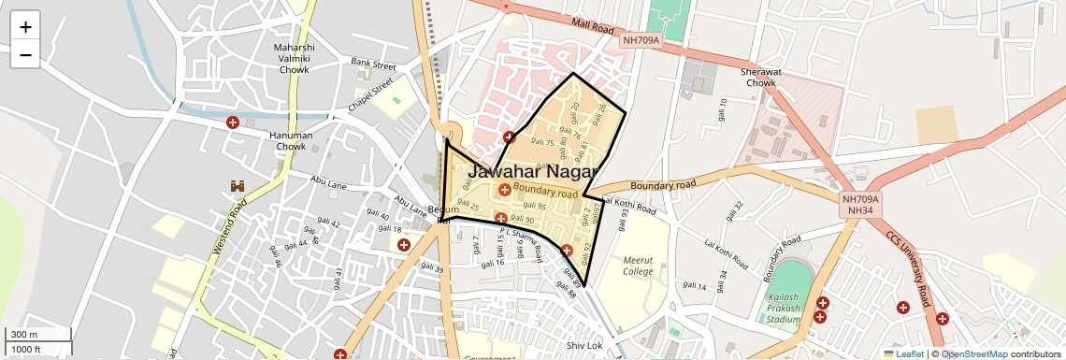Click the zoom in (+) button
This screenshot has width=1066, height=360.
pos(25,27)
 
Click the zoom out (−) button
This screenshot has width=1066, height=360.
pos(25,54)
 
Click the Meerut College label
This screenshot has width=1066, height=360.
pos(645,266)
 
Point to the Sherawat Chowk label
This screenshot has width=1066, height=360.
pos(761,77)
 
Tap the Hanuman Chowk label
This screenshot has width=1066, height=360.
pos(291,140)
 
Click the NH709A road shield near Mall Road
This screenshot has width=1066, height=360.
pos(641,40)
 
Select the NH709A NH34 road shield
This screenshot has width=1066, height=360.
pos(860,206)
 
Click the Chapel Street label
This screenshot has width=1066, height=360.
pos(371,94)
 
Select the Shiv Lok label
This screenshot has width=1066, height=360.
pos(584,346)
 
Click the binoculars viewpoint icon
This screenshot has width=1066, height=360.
pos(238,186)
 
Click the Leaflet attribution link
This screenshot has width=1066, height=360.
pos(903,353)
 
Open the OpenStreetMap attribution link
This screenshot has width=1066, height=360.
pos(974,353)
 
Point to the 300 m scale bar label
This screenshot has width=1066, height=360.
pos(24,335)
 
